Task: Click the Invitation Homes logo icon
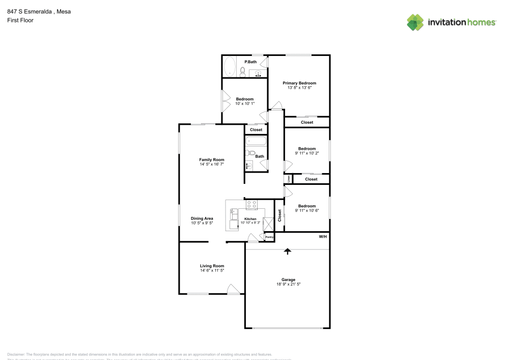[415, 22]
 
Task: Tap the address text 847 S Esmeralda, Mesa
[39, 12]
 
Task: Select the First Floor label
[20, 20]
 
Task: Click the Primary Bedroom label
[299, 83]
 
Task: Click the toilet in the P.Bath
[243, 72]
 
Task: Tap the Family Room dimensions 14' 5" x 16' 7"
[211, 164]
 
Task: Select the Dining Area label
[202, 218]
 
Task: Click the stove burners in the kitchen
[251, 205]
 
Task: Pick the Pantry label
[269, 237]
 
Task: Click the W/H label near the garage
[323, 237]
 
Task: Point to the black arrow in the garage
[288, 251]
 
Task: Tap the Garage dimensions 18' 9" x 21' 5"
[288, 285]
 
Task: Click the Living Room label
[212, 266]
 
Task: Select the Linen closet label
[289, 179]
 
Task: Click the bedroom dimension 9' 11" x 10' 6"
[306, 211]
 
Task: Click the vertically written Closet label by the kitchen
[279, 215]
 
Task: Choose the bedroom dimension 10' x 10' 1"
[244, 104]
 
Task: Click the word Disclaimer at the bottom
[16, 354]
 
